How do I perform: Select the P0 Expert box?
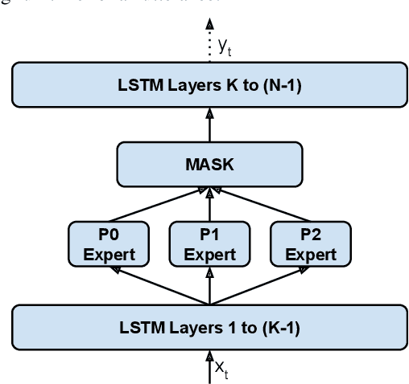[x=108, y=243]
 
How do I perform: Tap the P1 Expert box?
[x=209, y=243]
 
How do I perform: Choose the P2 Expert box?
[x=311, y=243]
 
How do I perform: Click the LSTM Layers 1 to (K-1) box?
[x=209, y=327]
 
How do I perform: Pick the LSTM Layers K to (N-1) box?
[x=209, y=85]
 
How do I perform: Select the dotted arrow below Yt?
[x=210, y=51]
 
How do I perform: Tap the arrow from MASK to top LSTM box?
[x=210, y=125]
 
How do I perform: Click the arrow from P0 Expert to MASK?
[x=157, y=204]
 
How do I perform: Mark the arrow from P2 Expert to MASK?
[x=262, y=204]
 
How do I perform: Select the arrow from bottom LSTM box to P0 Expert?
[x=157, y=286]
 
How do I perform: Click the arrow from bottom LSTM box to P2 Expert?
[x=262, y=286]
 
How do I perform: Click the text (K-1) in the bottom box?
[x=272, y=327]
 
